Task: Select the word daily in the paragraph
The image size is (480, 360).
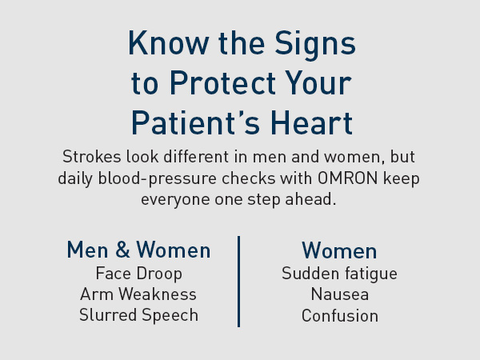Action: [77, 178]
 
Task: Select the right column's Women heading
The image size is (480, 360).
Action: [339, 250]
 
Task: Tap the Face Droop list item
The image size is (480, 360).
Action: [138, 274]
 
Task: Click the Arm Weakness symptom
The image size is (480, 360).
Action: [138, 294]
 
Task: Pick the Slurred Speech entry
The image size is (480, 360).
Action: [138, 315]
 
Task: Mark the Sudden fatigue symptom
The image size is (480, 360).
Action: [339, 274]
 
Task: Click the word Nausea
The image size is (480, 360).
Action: [339, 294]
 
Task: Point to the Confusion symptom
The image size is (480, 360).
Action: [339, 315]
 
